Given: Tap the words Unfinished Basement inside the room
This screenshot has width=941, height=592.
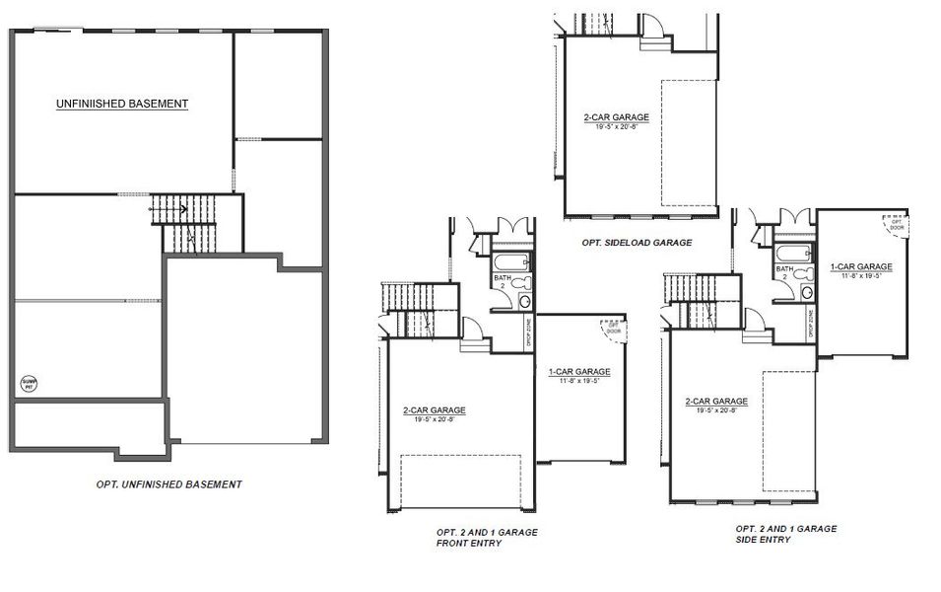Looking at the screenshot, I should pyautogui.click(x=122, y=103).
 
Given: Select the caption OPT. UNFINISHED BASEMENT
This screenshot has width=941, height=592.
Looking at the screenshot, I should pyautogui.click(x=168, y=484).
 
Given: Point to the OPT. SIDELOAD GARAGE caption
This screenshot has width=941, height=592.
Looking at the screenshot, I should pyautogui.click(x=637, y=242).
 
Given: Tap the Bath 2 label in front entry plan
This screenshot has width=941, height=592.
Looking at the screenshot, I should pyautogui.click(x=501, y=281).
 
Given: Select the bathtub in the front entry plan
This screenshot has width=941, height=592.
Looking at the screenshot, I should pyautogui.click(x=511, y=262).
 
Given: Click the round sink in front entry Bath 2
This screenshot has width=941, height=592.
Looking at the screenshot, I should pyautogui.click(x=524, y=301).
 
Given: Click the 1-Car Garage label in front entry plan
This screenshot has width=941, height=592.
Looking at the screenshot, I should pyautogui.click(x=579, y=372).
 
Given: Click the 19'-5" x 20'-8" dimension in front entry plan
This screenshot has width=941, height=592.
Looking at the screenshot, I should pyautogui.click(x=434, y=419).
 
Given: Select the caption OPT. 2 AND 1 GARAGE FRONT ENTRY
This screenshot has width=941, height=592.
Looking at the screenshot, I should pyautogui.click(x=487, y=538).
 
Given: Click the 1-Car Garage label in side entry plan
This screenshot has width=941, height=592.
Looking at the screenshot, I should pyautogui.click(x=860, y=266).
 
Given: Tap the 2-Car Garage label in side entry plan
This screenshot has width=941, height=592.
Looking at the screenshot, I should pyautogui.click(x=716, y=402).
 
